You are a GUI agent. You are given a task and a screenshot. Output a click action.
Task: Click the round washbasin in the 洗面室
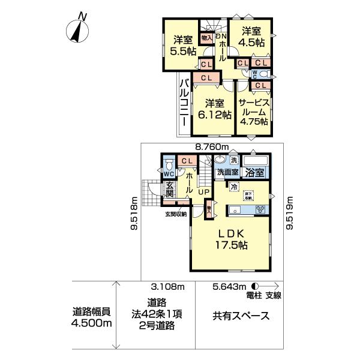[x=220, y=161]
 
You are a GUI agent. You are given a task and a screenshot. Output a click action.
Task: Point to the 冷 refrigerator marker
[x=232, y=187]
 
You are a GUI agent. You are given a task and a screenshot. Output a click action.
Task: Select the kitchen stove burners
[x=261, y=209]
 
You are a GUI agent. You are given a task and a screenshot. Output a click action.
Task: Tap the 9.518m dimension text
[x=135, y=214]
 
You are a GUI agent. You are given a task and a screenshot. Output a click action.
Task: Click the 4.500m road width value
[x=92, y=323]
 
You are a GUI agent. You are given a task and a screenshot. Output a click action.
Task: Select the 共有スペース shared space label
[x=239, y=316]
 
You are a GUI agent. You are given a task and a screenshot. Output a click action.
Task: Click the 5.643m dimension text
[x=230, y=287]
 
